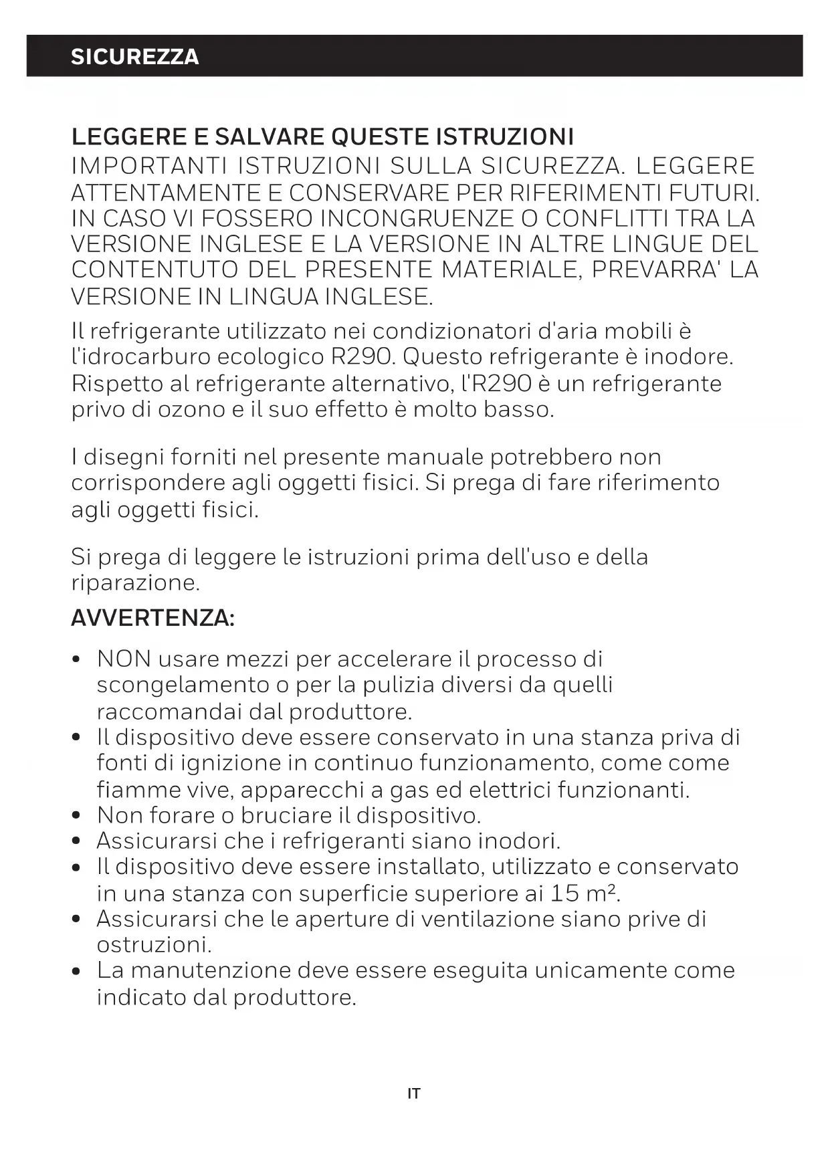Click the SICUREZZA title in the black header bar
[134, 56]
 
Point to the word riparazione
[135, 582]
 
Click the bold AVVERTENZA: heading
[153, 618]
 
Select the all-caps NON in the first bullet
[124, 659]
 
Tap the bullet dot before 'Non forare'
[78, 816]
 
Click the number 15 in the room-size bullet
[565, 893]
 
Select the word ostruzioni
[154, 945]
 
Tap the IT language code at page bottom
[414, 1094]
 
